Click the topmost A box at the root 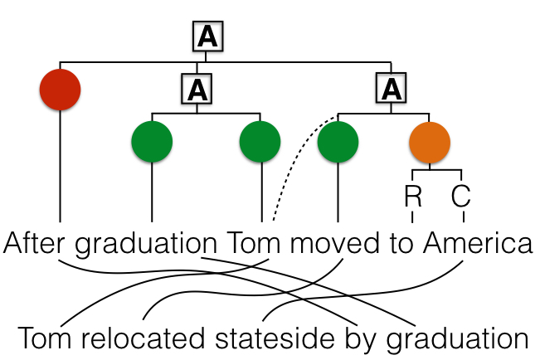click(x=208, y=36)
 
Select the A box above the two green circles click(x=197, y=88)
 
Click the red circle click(x=60, y=88)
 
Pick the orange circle click(x=430, y=142)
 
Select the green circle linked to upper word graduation click(x=152, y=142)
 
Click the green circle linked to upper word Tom click(x=260, y=142)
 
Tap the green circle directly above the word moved click(x=338, y=142)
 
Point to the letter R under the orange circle click(x=412, y=197)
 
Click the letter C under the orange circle click(x=461, y=197)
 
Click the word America click(x=476, y=244)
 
